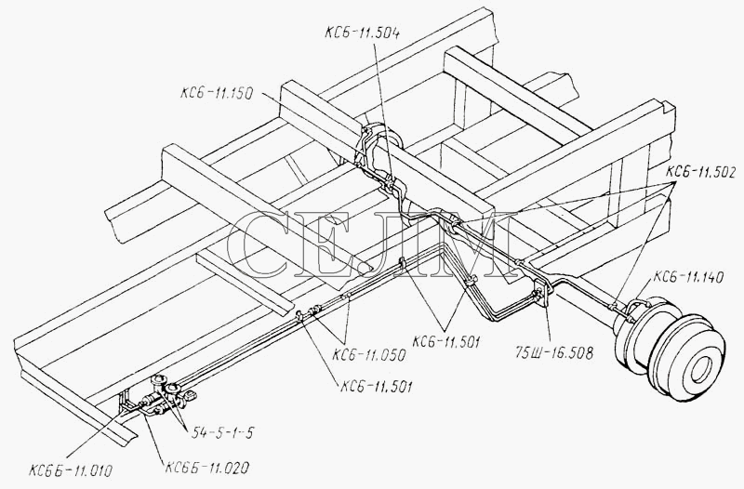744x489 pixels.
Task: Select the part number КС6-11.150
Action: click(x=216, y=92)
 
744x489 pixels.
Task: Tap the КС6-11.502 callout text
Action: click(x=701, y=173)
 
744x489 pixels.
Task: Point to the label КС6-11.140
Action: click(x=688, y=276)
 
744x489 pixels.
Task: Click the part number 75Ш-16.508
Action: click(x=554, y=353)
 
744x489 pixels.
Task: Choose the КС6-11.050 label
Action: click(x=369, y=355)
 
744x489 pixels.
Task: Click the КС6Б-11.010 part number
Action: click(x=71, y=471)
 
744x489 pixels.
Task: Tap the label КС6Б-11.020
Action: click(x=206, y=469)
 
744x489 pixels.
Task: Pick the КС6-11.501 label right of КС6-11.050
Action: click(x=446, y=341)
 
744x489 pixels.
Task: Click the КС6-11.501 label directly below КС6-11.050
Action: click(x=377, y=387)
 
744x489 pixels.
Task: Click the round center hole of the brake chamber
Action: click(x=701, y=368)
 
